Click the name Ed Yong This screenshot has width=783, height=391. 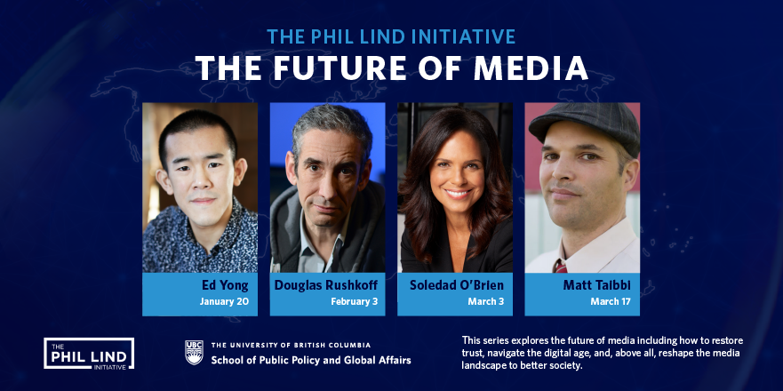click(x=225, y=285)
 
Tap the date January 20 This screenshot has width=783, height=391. click(x=224, y=301)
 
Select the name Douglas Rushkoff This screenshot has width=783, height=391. click(x=326, y=285)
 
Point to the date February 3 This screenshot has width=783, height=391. click(x=354, y=301)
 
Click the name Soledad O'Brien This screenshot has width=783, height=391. click(x=457, y=285)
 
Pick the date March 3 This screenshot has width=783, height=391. click(x=486, y=301)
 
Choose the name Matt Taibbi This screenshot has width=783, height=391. click(x=596, y=285)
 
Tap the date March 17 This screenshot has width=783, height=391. click(x=611, y=301)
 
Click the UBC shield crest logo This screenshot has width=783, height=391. click(x=194, y=353)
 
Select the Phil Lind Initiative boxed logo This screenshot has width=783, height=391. click(x=89, y=354)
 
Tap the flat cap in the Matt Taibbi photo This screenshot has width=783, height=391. click(x=584, y=126)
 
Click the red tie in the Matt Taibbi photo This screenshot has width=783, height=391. click(x=561, y=267)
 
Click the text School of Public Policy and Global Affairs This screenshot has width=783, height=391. click(x=311, y=360)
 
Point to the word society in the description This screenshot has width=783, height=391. click(x=569, y=365)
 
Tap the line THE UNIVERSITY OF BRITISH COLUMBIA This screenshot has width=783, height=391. click(x=291, y=345)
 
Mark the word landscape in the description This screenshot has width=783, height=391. click(x=482, y=366)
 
